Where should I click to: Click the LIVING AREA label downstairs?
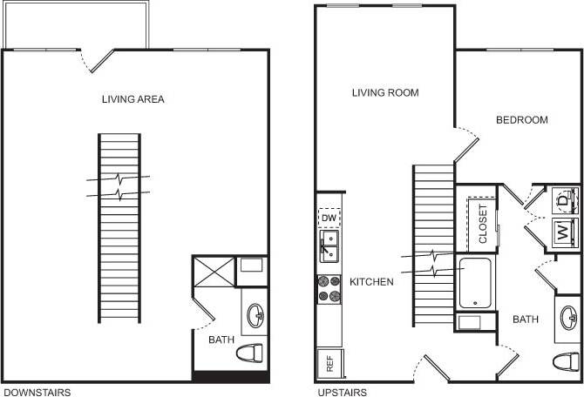[x=132, y=99]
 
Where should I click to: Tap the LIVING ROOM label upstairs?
[x=385, y=92]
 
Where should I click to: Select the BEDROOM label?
[x=521, y=119]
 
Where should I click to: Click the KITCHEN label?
[x=371, y=282]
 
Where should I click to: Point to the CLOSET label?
[x=484, y=224]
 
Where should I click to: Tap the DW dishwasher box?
[x=329, y=218]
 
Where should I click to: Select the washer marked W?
[x=563, y=232]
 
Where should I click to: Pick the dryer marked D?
[x=563, y=200]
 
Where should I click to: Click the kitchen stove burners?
[x=329, y=288]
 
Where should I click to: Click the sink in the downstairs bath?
[x=255, y=314]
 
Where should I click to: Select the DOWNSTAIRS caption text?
[x=37, y=393]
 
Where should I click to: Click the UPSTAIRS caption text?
[x=342, y=393]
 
